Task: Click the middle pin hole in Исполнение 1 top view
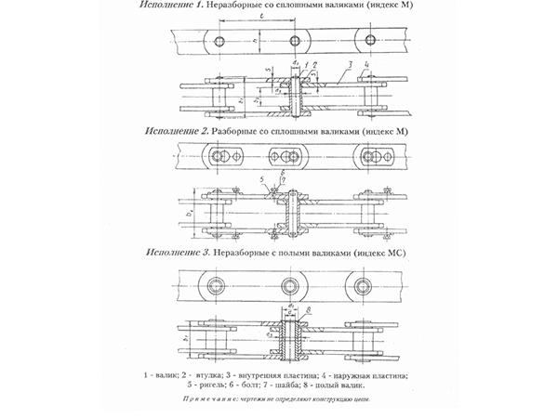coord(297,39)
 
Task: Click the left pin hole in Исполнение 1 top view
coord(219,39)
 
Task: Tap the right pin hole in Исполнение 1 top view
coord(371,39)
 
